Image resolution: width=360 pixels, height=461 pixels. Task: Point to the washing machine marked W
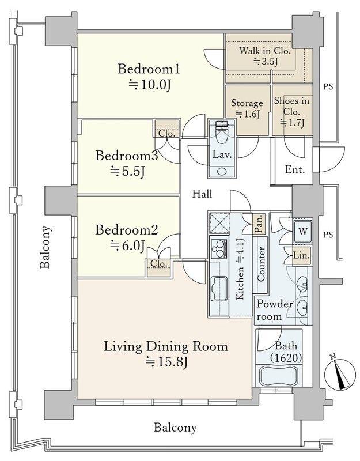click(303, 231)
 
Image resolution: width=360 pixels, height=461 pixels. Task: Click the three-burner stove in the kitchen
click(219, 249)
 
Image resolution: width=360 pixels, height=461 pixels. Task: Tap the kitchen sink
click(219, 289)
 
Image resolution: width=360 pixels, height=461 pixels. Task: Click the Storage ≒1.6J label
click(247, 108)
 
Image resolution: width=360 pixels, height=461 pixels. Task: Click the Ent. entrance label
click(295, 169)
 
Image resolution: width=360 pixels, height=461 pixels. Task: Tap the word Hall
click(202, 194)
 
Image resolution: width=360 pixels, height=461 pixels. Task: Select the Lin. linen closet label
click(301, 255)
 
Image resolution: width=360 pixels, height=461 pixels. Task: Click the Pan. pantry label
click(259, 224)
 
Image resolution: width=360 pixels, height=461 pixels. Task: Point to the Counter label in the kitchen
click(261, 264)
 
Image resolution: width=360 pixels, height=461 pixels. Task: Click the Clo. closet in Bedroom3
click(167, 134)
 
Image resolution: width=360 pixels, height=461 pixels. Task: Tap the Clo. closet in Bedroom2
click(159, 264)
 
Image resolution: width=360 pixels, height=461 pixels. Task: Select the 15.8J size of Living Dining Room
click(166, 362)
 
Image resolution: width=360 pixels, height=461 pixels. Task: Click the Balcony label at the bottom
click(175, 427)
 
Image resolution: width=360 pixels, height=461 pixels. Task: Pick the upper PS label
click(328, 87)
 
